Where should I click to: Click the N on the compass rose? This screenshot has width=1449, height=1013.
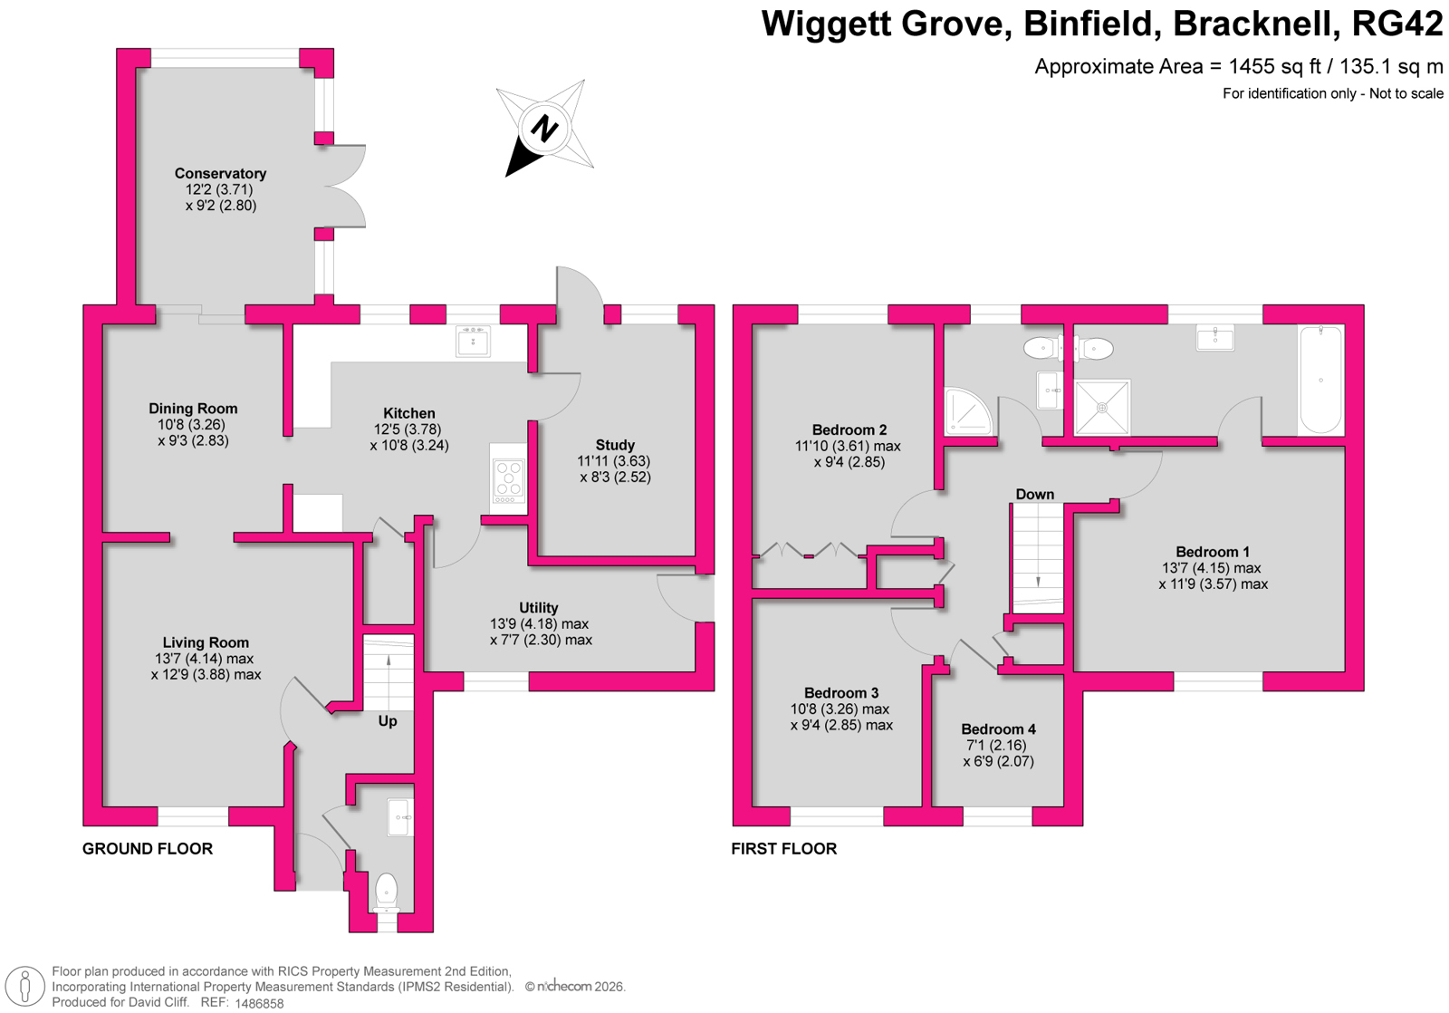tap(544, 128)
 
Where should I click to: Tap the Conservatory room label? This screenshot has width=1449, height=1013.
tap(221, 173)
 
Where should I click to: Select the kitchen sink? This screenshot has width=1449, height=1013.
tap(473, 341)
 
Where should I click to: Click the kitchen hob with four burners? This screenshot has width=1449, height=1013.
tap(508, 481)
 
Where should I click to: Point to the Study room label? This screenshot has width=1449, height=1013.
tap(615, 445)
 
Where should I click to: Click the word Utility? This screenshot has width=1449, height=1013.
tap(538, 608)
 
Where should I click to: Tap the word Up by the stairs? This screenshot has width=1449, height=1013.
tap(388, 721)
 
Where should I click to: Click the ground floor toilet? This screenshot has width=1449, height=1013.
tap(386, 892)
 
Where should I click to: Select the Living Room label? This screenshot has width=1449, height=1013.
tap(206, 642)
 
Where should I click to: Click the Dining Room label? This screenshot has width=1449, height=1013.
tap(194, 409)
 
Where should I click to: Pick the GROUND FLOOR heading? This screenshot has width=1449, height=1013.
tap(148, 849)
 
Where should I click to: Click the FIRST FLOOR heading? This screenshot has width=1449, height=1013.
tap(784, 849)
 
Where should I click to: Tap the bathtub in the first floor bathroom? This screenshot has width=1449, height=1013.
tap(1320, 380)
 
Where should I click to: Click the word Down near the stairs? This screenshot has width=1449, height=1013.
tap(1035, 495)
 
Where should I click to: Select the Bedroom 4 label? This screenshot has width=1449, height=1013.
tap(999, 729)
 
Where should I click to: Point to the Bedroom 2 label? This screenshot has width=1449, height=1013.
tap(849, 429)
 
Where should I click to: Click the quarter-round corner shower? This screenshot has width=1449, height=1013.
tap(968, 411)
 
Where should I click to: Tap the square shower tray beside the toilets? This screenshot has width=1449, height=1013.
tap(1102, 407)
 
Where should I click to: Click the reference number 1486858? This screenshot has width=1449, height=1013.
tap(259, 1004)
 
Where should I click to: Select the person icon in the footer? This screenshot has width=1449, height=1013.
tap(25, 987)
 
